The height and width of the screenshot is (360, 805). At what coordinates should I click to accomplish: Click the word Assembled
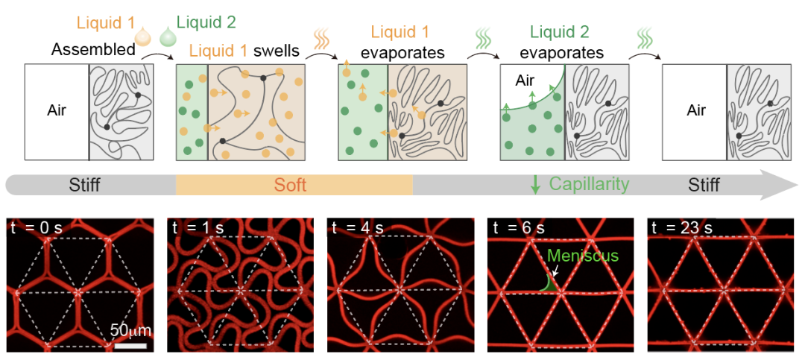[93, 51]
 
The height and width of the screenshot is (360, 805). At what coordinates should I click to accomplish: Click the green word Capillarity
[590, 184]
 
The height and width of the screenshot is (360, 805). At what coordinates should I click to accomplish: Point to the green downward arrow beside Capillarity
[535, 184]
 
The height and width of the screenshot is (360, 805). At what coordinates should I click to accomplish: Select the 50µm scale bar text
[130, 329]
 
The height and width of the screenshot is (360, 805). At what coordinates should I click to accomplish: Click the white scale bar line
[130, 346]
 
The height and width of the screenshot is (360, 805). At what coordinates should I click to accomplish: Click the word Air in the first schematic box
[57, 110]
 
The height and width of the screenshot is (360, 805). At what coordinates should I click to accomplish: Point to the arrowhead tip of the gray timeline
[798, 185]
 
